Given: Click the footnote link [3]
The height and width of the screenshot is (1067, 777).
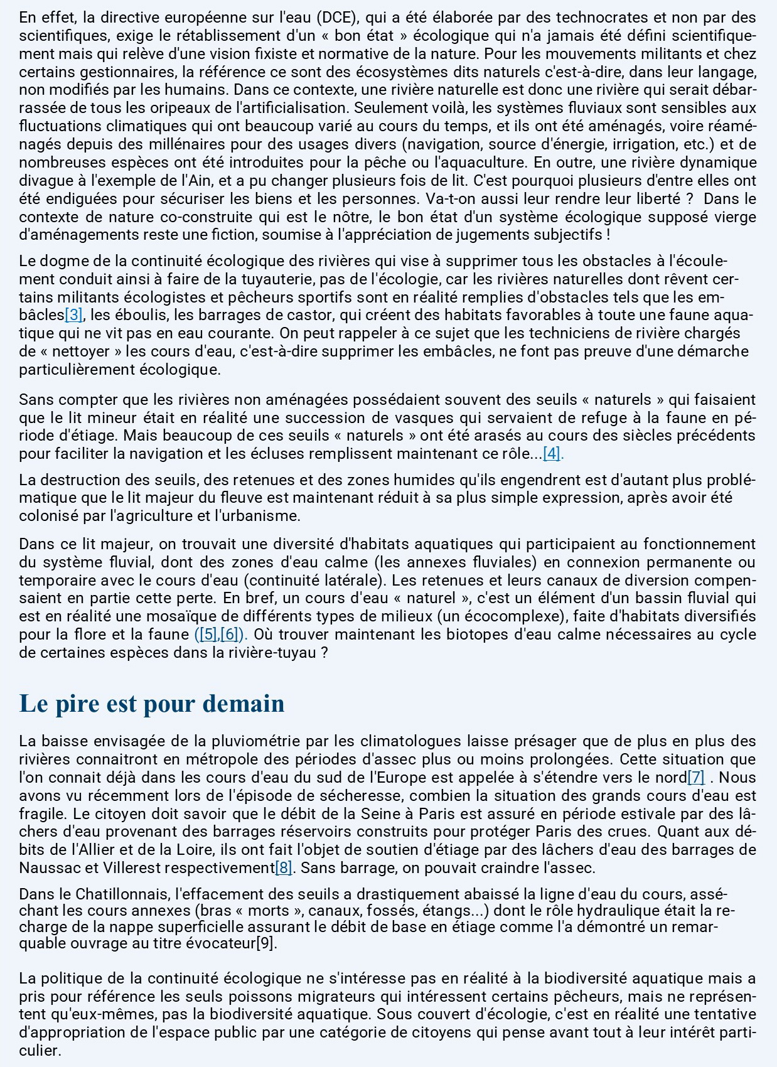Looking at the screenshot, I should tap(73, 314).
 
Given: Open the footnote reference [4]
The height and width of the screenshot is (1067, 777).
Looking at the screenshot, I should tap(552, 453).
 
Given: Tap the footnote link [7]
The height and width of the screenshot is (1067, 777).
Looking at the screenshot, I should tap(696, 778).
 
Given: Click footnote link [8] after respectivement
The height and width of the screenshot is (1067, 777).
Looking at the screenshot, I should tap(284, 868).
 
